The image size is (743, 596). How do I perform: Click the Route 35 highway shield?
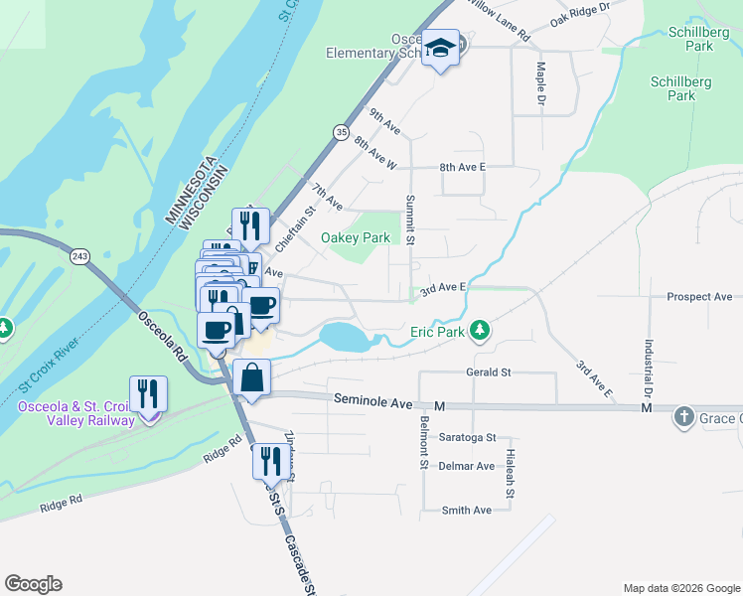tap(342, 130)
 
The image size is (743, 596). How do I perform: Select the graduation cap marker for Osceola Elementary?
tap(439, 49)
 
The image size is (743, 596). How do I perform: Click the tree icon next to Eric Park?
tap(480, 329)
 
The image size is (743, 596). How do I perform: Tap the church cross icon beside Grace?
tap(683, 417)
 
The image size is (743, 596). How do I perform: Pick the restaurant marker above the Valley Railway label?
tap(149, 394)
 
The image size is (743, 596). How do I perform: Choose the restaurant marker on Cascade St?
tap(268, 461)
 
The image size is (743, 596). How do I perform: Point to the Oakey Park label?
tap(355, 237)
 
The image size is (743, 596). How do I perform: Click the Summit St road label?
tap(409, 220)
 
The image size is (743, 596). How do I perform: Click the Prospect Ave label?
tap(699, 296)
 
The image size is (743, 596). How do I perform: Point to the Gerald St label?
tap(488, 372)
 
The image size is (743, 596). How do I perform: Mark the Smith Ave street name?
tap(467, 510)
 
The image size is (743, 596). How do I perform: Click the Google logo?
tap(33, 584)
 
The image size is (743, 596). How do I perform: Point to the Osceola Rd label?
tap(162, 337)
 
